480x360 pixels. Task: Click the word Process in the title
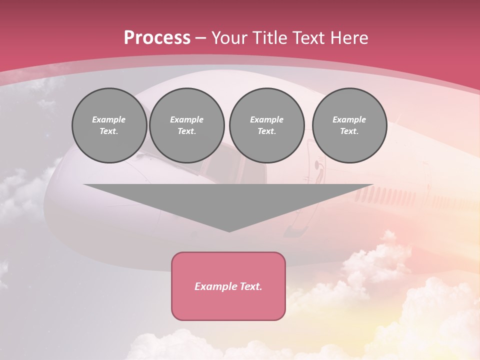[157, 38]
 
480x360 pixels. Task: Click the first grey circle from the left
[109, 125]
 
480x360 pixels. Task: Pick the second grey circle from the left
[187, 125]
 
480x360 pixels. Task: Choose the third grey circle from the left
[267, 125]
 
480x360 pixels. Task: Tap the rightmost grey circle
[349, 125]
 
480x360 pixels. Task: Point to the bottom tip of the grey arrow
[229, 231]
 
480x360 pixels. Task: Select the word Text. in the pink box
[251, 286]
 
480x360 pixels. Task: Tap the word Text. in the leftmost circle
[109, 131]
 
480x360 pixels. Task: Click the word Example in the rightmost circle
[349, 119]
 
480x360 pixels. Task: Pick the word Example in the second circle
[187, 119]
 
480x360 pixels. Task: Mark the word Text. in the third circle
[267, 131]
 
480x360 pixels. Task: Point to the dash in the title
[200, 38]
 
